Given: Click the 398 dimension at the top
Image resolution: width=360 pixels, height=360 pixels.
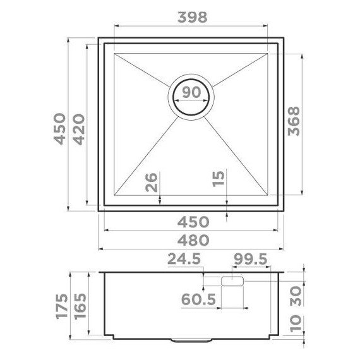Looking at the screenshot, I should click(191, 18).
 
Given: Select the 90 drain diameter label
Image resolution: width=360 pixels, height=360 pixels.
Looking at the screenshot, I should click(191, 93).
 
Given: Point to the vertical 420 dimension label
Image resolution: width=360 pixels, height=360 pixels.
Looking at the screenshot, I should click(79, 129).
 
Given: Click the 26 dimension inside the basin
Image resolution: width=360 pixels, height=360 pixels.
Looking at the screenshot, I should click(151, 183).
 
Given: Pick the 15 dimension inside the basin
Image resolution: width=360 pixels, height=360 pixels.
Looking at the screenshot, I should click(219, 180).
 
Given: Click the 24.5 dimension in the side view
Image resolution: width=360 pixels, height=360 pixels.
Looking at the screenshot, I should click(184, 260).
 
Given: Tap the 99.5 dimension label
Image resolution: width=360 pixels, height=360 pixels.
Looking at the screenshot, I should click(250, 260).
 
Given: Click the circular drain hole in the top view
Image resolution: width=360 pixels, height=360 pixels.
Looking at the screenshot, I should click(191, 99).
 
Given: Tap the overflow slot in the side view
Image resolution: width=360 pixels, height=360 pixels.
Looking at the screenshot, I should click(232, 280).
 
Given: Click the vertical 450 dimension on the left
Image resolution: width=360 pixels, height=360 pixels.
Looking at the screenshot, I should click(59, 129).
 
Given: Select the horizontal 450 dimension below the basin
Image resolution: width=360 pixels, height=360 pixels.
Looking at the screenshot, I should click(193, 221).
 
